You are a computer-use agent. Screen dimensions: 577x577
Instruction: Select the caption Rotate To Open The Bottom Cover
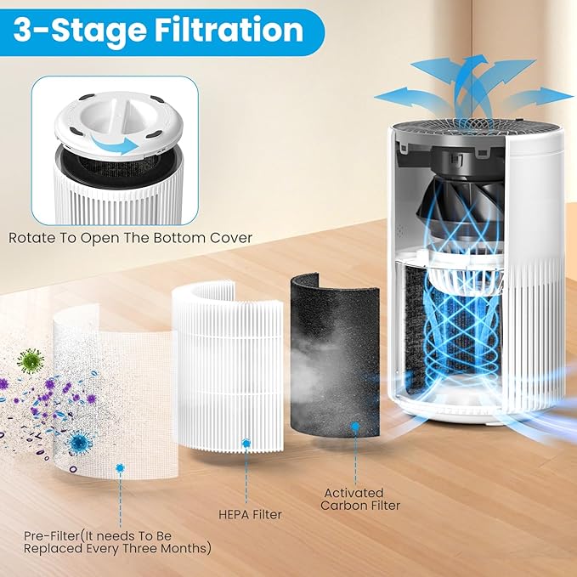click(x=130, y=237)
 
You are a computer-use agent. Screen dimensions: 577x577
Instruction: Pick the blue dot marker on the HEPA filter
click(x=246, y=444)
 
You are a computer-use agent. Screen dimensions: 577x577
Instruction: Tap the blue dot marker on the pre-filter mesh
click(x=120, y=468)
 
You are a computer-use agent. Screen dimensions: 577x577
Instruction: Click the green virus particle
click(x=29, y=359)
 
